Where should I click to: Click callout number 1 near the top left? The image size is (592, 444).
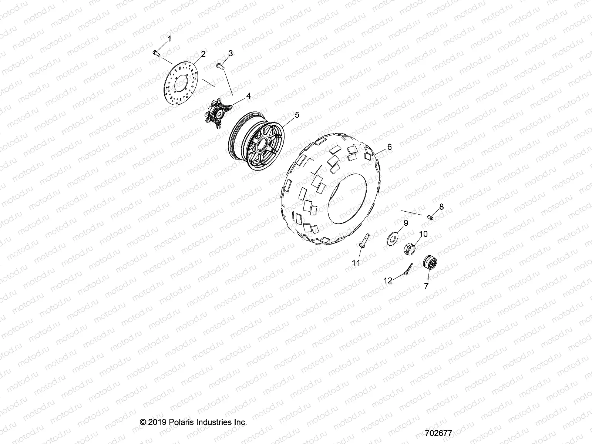tap(169, 39)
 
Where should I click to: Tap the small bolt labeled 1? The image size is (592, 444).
tap(156, 54)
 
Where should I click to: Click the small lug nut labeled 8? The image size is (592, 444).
tap(431, 217)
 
